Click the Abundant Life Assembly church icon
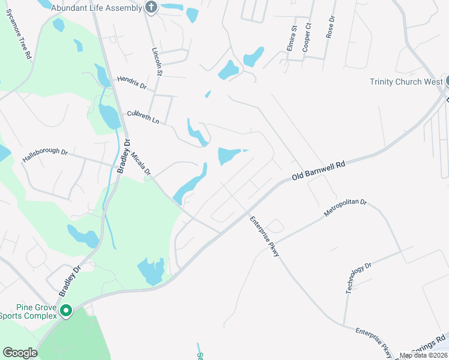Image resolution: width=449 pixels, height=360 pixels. tap(151, 8)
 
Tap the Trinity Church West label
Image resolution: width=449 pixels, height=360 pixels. tap(406, 82)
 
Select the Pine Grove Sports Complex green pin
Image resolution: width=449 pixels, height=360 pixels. tap(66, 311)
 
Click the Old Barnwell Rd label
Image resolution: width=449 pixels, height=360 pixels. tap(319, 170)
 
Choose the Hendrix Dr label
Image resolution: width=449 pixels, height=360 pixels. tap(131, 82)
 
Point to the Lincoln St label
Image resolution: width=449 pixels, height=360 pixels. tap(157, 62)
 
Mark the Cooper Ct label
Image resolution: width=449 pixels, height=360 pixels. tap(307, 37)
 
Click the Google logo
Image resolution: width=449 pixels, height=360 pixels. tap(20, 353)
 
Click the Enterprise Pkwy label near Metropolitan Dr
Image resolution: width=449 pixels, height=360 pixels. tap(265, 236)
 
